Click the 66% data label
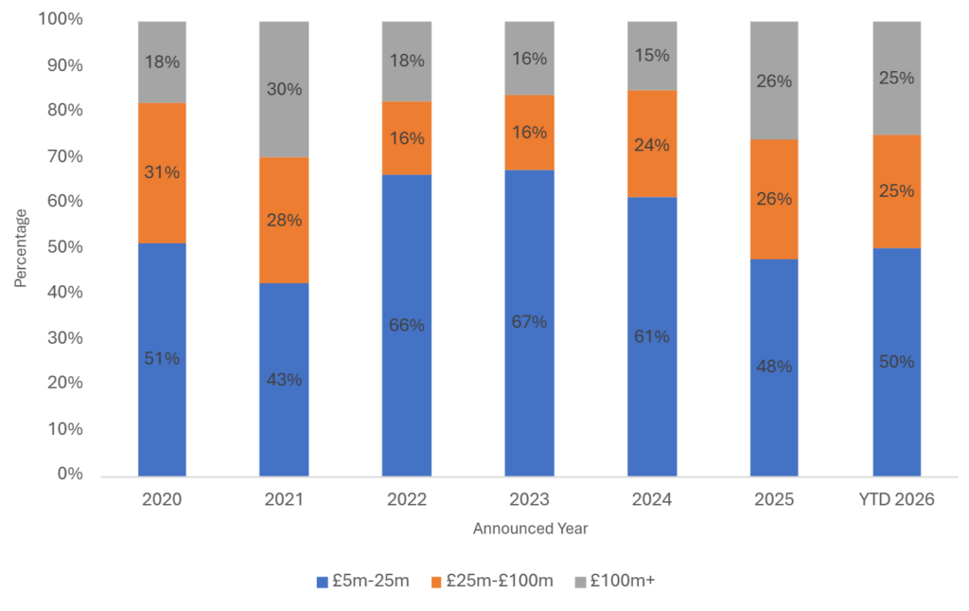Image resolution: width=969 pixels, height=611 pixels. coord(407,325)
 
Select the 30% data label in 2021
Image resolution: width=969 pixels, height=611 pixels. coord(284,89)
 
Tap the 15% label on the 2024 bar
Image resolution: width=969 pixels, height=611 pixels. coord(651,56)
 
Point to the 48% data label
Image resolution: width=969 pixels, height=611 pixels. coord(774,367)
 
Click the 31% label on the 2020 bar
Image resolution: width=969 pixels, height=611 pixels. coord(162,172)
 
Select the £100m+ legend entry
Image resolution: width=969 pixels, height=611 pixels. coord(614,581)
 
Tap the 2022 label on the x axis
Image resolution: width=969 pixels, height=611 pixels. coord(407,500)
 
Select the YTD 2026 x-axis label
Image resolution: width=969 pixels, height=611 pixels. coord(896,500)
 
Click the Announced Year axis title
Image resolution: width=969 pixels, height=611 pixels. coord(530,529)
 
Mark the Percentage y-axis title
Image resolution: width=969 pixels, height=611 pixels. coord(20,248)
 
